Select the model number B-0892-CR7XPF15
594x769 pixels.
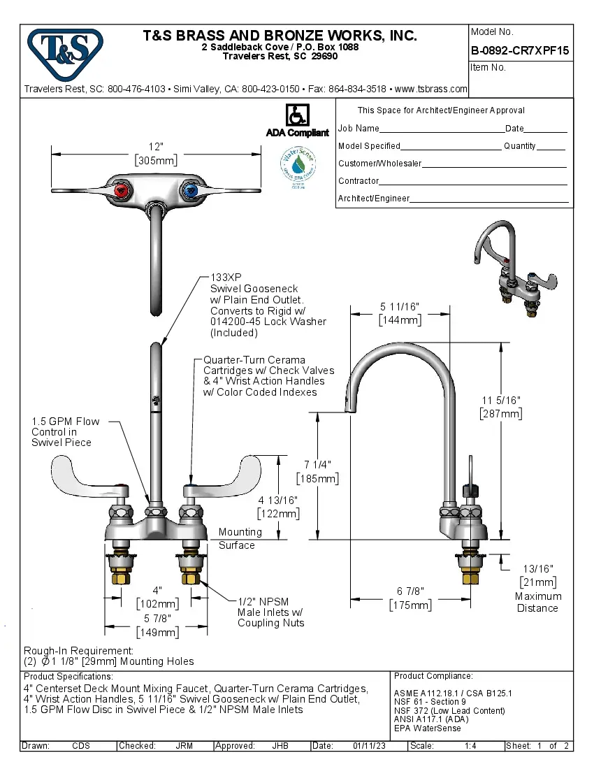click(520, 50)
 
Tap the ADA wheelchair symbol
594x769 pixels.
click(297, 115)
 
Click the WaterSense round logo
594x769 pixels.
click(298, 166)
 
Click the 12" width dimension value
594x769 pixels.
click(155, 147)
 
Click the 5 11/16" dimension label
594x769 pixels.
click(400, 307)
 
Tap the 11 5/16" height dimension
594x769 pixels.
click(500, 400)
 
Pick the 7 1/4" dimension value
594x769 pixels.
click(317, 465)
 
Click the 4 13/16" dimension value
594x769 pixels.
click(278, 501)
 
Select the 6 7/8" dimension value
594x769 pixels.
click(410, 591)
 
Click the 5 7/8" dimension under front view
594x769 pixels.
click(157, 619)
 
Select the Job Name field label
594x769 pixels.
click(358, 129)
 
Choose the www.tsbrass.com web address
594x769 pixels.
click(430, 89)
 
